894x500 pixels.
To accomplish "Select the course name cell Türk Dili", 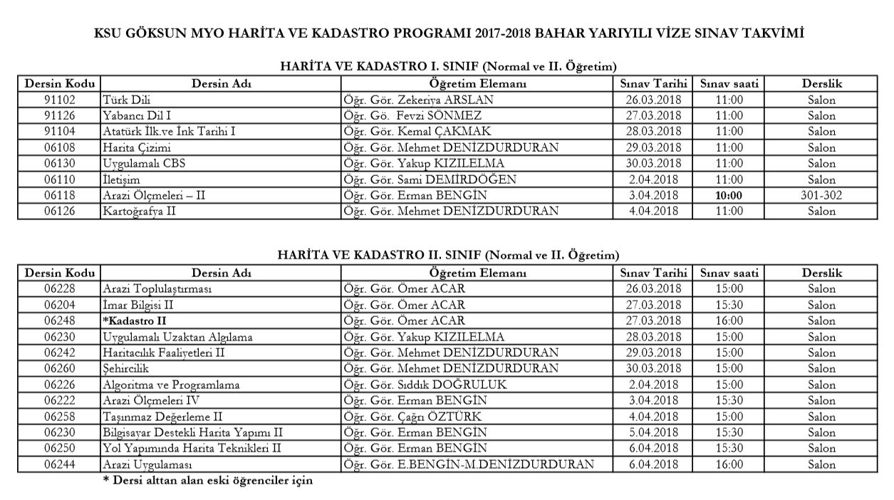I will click(126, 100).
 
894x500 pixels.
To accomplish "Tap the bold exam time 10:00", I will click(729, 195).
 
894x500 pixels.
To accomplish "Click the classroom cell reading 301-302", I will click(821, 195).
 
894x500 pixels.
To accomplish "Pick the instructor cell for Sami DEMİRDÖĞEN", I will click(429, 179).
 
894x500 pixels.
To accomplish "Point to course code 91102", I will click(59, 100).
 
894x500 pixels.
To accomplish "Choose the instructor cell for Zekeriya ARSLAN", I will click(418, 100).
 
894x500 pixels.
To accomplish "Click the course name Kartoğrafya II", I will click(139, 211).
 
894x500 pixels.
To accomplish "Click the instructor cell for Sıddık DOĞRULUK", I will click(425, 385).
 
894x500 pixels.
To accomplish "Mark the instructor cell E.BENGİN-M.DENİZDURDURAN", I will click(468, 464).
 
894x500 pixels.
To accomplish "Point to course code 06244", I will click(59, 464).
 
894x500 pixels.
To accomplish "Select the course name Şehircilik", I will click(125, 368).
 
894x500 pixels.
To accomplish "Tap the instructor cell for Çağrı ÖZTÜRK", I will click(412, 417).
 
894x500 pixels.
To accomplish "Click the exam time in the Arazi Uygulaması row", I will click(729, 464).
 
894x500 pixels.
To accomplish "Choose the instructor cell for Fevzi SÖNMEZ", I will click(412, 115).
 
